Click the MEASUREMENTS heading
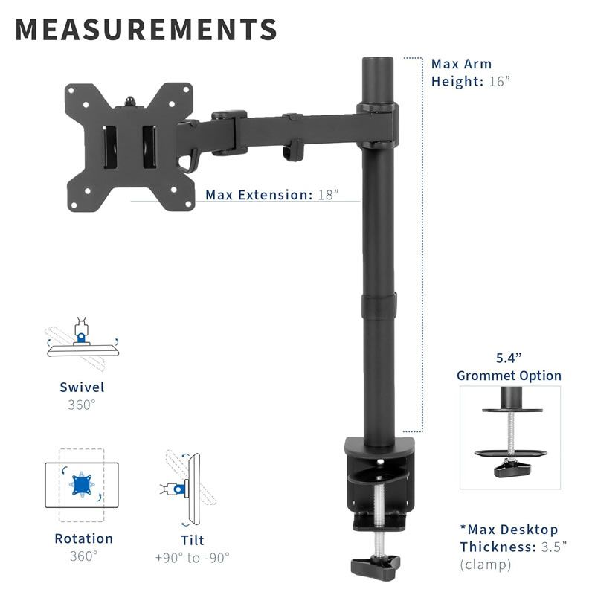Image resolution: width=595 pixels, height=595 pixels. click(x=146, y=29)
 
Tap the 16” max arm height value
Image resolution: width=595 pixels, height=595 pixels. click(x=499, y=81)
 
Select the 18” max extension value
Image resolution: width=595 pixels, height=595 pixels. click(x=328, y=195)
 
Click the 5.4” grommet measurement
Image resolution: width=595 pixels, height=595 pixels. click(x=509, y=358)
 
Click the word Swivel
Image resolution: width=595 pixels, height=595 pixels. click(x=82, y=387)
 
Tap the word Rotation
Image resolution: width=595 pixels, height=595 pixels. click(x=83, y=538)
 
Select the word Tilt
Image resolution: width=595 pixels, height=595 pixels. click(x=193, y=540)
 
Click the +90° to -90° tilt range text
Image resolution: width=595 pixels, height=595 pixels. click(x=193, y=557)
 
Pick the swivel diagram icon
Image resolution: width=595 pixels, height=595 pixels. click(x=83, y=344)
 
